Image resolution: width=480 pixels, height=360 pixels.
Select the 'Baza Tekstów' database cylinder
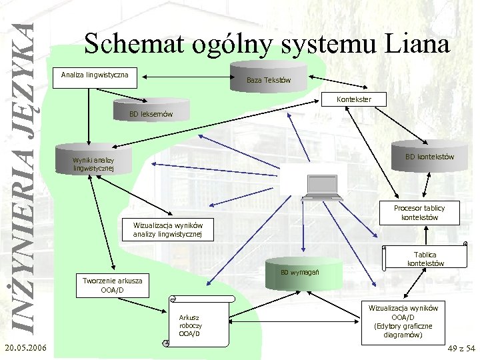[x=268, y=79]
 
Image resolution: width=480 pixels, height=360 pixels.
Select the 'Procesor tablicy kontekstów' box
[x=419, y=212]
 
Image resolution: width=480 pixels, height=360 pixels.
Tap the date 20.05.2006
[x=24, y=349]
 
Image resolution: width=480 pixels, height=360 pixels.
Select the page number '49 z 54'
[x=461, y=349]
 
